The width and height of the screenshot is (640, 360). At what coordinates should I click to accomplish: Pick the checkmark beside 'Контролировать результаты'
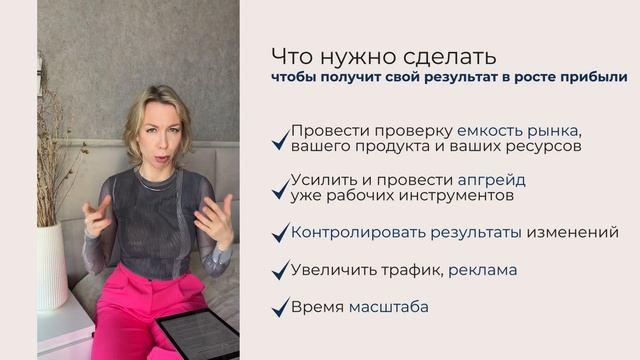281,234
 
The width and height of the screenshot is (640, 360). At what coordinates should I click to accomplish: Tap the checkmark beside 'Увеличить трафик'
281,271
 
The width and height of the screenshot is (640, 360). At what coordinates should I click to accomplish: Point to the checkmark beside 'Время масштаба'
281,308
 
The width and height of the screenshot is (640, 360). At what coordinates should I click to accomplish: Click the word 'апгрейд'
491,180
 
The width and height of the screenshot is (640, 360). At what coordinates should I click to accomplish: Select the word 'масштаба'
389,306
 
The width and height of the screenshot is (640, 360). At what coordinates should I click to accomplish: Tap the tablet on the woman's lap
199,334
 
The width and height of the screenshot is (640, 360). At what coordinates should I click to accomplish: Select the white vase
52,265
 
